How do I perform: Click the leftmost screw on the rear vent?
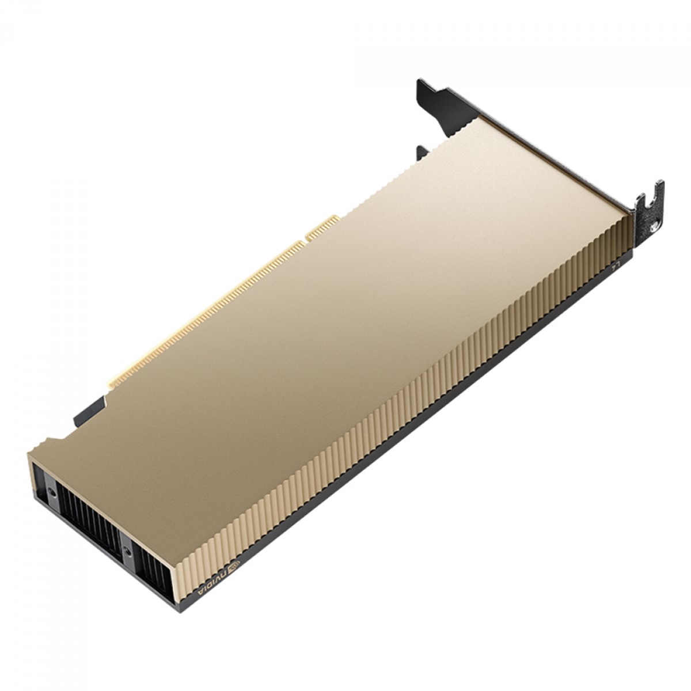[52, 478]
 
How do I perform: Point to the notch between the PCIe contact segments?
[304, 242]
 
